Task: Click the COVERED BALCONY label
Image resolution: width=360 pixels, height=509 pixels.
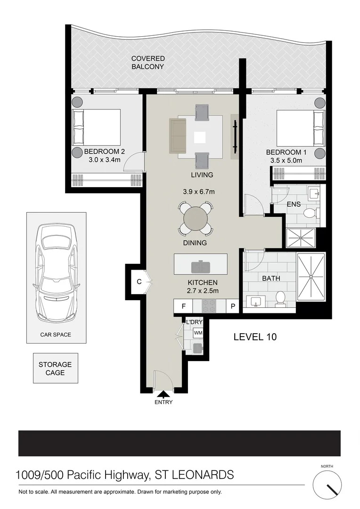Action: pos(147,63)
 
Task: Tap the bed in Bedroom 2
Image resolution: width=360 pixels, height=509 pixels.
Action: pos(96,127)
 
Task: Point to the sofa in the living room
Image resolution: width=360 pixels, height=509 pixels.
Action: pos(178,136)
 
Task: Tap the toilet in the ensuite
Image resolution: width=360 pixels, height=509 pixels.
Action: pos(310,213)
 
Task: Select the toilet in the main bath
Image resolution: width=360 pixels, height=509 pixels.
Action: pos(280,299)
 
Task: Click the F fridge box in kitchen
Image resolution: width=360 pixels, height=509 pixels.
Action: pos(183,306)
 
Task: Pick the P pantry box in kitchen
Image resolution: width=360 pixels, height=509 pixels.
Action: pos(233,306)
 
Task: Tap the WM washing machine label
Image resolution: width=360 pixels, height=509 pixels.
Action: pos(198,333)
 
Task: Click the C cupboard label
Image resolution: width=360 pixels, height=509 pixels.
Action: pos(139,281)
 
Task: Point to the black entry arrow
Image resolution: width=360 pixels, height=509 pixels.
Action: pos(164,394)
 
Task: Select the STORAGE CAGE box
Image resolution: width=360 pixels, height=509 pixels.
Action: pos(55,369)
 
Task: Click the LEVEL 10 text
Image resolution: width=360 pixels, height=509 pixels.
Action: pos(255,337)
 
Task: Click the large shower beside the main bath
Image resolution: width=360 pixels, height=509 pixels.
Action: pos(311,277)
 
